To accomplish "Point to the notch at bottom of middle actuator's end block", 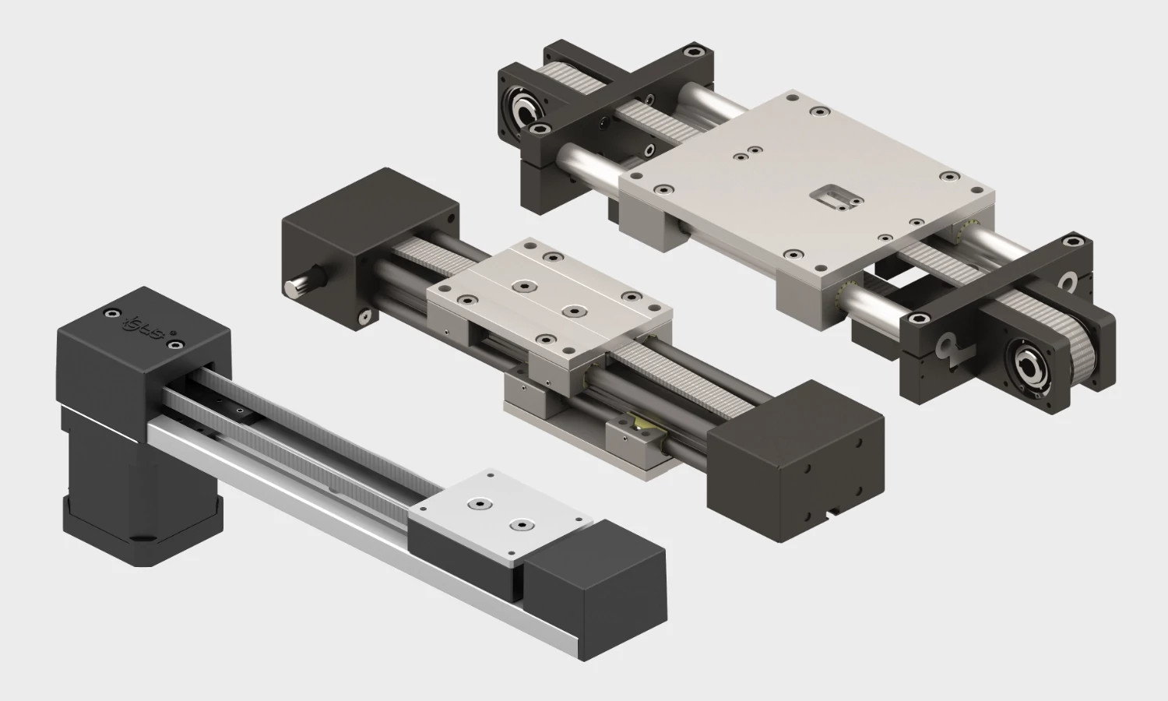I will click(x=834, y=512).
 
